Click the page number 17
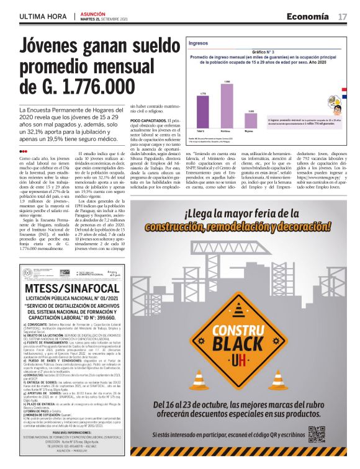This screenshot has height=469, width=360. click(342, 16)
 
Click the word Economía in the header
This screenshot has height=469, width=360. click(308, 16)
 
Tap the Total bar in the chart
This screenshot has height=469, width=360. click(202, 112)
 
